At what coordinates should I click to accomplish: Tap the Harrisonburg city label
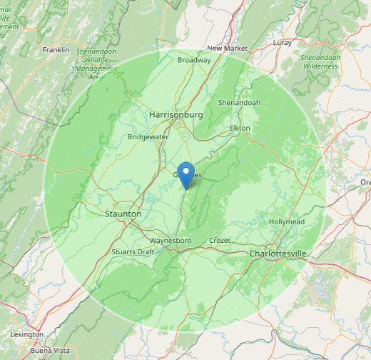[x=176, y=114]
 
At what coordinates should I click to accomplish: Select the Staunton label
[x=123, y=214]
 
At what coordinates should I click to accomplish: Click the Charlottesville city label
[x=278, y=254]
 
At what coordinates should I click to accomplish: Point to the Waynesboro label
[x=171, y=241]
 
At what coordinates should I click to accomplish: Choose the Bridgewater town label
[x=148, y=136]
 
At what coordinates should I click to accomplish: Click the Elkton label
[x=239, y=128]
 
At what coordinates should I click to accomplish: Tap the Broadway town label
[x=194, y=60]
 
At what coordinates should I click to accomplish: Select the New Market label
[x=228, y=48]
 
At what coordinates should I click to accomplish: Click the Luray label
[x=283, y=43]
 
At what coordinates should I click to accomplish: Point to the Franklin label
[x=56, y=50]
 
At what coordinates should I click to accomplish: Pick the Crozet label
[x=219, y=241]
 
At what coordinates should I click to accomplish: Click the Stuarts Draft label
[x=133, y=252]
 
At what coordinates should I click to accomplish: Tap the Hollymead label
[x=287, y=222]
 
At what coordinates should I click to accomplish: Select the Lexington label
[x=26, y=334]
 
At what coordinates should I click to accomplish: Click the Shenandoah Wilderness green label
[x=319, y=61]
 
